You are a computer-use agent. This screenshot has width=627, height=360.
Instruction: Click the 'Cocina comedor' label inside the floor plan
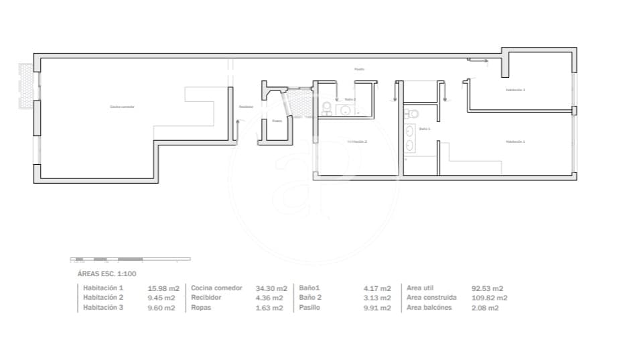click(x=123, y=107)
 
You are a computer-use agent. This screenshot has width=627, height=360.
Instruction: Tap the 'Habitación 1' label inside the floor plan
click(x=515, y=141)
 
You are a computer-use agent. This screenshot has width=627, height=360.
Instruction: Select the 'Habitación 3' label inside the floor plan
click(x=515, y=90)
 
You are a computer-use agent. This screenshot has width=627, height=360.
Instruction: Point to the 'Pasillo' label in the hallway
click(x=360, y=69)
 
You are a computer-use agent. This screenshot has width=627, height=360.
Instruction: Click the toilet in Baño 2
click(x=326, y=107)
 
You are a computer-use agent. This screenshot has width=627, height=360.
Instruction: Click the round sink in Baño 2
click(x=344, y=109)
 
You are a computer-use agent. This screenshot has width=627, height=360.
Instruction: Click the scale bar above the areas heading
click(x=130, y=259)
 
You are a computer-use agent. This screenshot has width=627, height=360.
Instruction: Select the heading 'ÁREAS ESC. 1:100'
click(x=107, y=274)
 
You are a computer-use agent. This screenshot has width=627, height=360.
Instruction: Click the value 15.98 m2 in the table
click(x=161, y=288)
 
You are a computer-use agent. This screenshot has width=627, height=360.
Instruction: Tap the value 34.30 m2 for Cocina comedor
click(x=271, y=288)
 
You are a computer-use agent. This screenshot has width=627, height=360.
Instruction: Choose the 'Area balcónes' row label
click(x=429, y=308)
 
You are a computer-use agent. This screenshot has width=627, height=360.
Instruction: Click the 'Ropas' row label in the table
click(x=201, y=308)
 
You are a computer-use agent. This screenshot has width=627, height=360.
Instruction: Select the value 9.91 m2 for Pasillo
click(x=377, y=308)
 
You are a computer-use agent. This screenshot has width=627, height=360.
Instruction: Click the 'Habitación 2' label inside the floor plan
click(x=357, y=141)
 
